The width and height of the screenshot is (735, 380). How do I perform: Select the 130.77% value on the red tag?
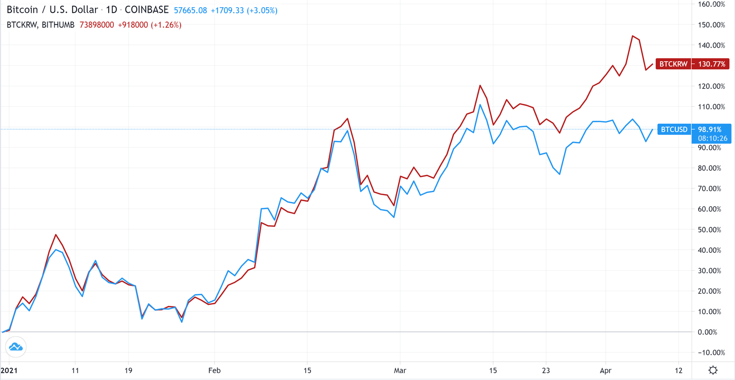coord(712,64)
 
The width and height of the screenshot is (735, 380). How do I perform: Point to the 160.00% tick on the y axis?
coord(711,4)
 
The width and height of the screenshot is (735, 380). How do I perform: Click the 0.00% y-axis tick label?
coord(713,332)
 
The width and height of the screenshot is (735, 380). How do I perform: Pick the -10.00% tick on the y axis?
coord(711,352)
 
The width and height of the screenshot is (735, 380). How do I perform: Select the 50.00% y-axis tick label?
coord(711,229)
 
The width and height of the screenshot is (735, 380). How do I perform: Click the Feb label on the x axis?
coord(214,370)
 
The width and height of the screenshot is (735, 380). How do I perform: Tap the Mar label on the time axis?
coord(400,370)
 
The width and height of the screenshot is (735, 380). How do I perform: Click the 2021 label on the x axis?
coord(9,370)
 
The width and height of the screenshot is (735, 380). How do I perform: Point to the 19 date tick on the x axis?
coord(128,370)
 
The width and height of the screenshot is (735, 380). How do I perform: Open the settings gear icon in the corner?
coord(713,370)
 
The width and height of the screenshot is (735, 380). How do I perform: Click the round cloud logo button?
coord(16,347)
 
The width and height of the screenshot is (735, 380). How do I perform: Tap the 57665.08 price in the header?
coord(190,10)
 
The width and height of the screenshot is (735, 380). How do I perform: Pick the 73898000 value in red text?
coord(97,25)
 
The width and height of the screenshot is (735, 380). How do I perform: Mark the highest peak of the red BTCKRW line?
coord(632,36)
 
